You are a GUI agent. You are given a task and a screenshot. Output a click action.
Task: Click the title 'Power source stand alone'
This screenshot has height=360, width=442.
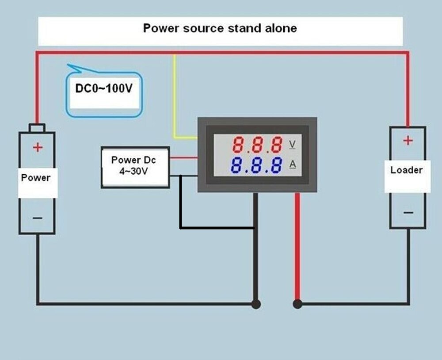point(220,28)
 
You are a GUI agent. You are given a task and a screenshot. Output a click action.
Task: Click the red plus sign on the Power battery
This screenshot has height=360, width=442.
point(38,147)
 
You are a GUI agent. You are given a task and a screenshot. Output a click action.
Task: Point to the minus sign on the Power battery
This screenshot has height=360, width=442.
point(38,218)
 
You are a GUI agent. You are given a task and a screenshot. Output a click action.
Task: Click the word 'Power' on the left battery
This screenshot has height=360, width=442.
point(36,178)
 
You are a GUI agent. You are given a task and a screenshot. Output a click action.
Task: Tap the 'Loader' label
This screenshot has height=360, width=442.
point(406,170)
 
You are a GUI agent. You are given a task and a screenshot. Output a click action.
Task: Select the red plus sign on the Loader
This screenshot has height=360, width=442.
point(408,141)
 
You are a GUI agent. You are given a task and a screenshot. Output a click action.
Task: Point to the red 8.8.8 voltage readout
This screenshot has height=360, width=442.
point(258,145)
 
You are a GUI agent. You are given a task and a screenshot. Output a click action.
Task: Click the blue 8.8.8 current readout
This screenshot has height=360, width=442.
point(257,165)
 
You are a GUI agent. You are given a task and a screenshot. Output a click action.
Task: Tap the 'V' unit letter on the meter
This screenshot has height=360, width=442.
point(292,144)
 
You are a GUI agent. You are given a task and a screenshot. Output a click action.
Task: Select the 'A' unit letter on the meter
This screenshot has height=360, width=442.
point(292,165)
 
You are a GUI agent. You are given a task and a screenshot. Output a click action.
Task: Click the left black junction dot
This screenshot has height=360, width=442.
point(255,304)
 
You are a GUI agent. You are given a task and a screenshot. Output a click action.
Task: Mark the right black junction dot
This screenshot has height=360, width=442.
point(297,304)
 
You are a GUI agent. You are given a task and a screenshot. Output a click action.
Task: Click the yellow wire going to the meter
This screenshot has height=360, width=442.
point(175,97)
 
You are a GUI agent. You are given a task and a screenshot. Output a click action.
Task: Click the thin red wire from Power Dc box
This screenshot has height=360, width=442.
point(183,157)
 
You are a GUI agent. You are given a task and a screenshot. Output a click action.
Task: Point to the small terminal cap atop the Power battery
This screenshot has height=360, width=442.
point(37,128)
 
